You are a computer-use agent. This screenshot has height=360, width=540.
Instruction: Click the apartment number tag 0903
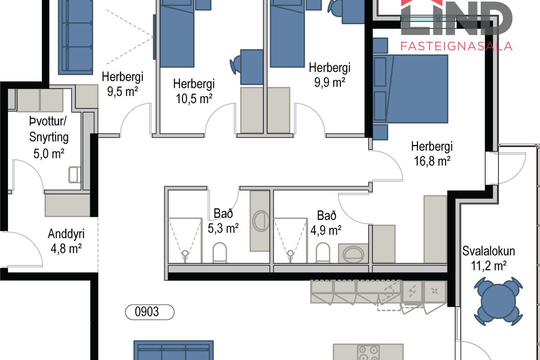(150, 312)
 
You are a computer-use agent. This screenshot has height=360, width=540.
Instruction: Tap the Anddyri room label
(66, 234)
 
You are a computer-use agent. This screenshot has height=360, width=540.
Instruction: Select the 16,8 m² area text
(432, 161)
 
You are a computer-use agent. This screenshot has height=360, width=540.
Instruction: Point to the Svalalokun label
(489, 251)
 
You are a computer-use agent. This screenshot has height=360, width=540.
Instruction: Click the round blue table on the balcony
(498, 301)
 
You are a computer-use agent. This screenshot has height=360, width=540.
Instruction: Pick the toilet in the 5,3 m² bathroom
(219, 252)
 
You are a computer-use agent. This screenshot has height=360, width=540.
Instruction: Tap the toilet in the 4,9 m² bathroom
(323, 253)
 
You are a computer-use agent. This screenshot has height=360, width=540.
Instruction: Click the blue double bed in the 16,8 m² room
(411, 89)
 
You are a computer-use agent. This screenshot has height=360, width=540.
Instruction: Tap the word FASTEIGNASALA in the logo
(456, 46)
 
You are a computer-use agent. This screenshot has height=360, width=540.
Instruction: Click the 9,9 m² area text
(330, 82)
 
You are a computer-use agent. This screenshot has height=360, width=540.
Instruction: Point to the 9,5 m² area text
(123, 91)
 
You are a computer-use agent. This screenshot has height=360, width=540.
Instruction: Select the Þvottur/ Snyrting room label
(49, 129)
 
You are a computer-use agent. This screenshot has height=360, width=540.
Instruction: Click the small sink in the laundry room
(75, 175)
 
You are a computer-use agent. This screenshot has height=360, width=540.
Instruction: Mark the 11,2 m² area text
(489, 266)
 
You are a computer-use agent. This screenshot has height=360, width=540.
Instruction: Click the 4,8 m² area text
(66, 249)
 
